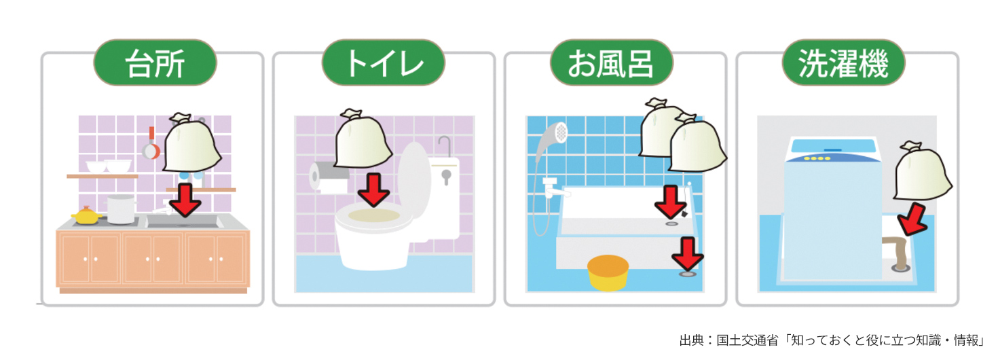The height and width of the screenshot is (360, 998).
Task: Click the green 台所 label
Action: click(x=155, y=62)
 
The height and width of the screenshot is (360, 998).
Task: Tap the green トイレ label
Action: click(x=384, y=62)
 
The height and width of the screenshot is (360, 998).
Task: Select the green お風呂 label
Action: click(x=612, y=62)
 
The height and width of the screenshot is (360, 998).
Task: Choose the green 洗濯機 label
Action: click(x=843, y=62)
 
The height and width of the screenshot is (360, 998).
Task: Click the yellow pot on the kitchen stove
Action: click(x=87, y=215)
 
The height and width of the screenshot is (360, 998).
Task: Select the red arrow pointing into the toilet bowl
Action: click(x=374, y=190)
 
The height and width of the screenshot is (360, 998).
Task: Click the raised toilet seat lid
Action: click(x=414, y=181)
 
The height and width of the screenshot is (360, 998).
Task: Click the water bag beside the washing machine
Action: click(x=922, y=171)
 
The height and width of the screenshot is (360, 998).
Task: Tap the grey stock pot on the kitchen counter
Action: click(x=121, y=209)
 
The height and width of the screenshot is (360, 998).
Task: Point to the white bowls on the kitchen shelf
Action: click(x=109, y=166)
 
